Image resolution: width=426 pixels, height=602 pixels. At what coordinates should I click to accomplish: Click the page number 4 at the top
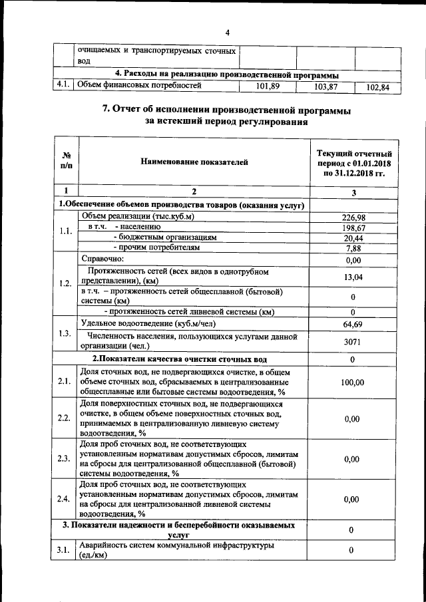pyautogui.click(x=227, y=33)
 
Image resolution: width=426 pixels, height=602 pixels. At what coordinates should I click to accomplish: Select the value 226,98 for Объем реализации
pyautogui.click(x=354, y=217)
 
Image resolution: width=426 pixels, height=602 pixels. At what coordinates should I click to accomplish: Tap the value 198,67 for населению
pyautogui.click(x=354, y=227)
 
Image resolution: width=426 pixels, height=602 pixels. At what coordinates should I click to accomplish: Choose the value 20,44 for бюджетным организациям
pyautogui.click(x=354, y=238)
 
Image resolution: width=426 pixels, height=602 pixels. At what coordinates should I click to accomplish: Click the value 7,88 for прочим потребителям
pyautogui.click(x=354, y=249)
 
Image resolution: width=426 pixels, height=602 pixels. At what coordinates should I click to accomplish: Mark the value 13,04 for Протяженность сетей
pyautogui.click(x=354, y=277)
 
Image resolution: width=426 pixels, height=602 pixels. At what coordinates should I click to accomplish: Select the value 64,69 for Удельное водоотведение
pyautogui.click(x=354, y=323)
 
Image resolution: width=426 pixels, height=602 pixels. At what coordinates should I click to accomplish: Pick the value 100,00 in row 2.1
pyautogui.click(x=354, y=382)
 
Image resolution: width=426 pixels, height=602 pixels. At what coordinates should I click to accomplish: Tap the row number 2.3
pyautogui.click(x=65, y=458)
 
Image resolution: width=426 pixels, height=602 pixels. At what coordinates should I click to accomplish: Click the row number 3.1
pyautogui.click(x=65, y=550)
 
